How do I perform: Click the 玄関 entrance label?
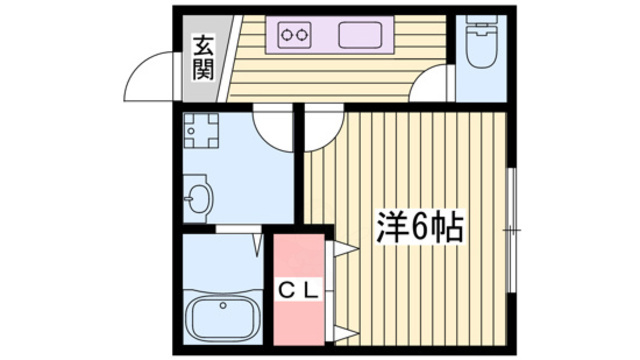click(x=203, y=57)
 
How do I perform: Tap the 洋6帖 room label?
click(x=419, y=229)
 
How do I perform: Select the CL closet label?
click(x=298, y=291)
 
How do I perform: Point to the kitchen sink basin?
click(x=361, y=37)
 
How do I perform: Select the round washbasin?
click(x=198, y=199)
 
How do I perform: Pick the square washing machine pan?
click(x=203, y=130)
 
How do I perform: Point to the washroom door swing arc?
click(x=271, y=123)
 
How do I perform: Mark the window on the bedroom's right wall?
click(x=511, y=230)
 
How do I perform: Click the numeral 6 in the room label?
click(x=419, y=229)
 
